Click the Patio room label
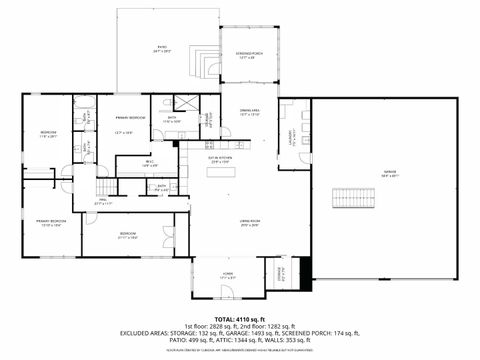pos(162,47)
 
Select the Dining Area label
pos(250,113)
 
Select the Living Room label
pos(249,222)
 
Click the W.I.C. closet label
pos(148,162)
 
